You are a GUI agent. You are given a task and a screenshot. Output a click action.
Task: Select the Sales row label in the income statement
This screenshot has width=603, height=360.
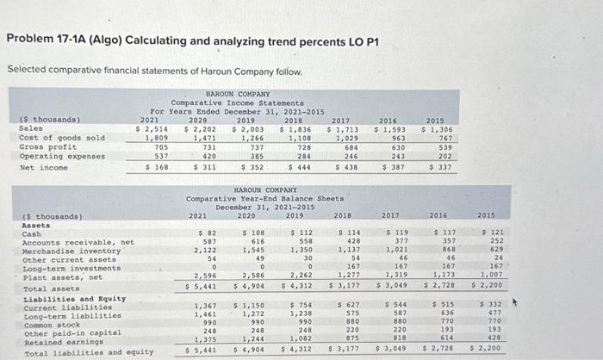click(30, 128)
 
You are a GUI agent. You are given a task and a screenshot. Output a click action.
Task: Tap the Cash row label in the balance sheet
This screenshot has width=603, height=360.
click(31, 233)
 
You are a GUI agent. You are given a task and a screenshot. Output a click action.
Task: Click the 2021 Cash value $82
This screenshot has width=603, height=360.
click(206, 233)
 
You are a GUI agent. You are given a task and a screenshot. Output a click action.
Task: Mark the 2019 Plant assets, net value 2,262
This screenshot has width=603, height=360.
click(301, 275)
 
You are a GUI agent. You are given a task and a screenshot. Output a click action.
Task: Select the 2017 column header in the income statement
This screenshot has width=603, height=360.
click(339, 120)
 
